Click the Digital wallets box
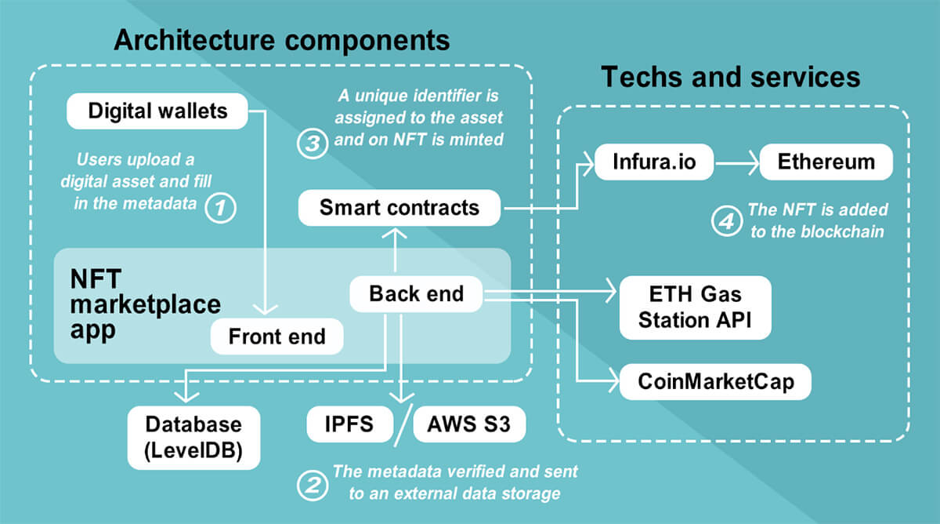point(157,111)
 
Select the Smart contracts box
point(399,208)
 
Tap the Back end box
point(416,294)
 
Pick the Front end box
point(277,337)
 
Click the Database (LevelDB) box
point(193,438)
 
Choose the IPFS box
point(349,425)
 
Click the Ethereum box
point(826,162)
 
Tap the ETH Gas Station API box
point(695,307)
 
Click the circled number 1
point(220,208)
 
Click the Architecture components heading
point(282,40)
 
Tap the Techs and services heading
point(730,77)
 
